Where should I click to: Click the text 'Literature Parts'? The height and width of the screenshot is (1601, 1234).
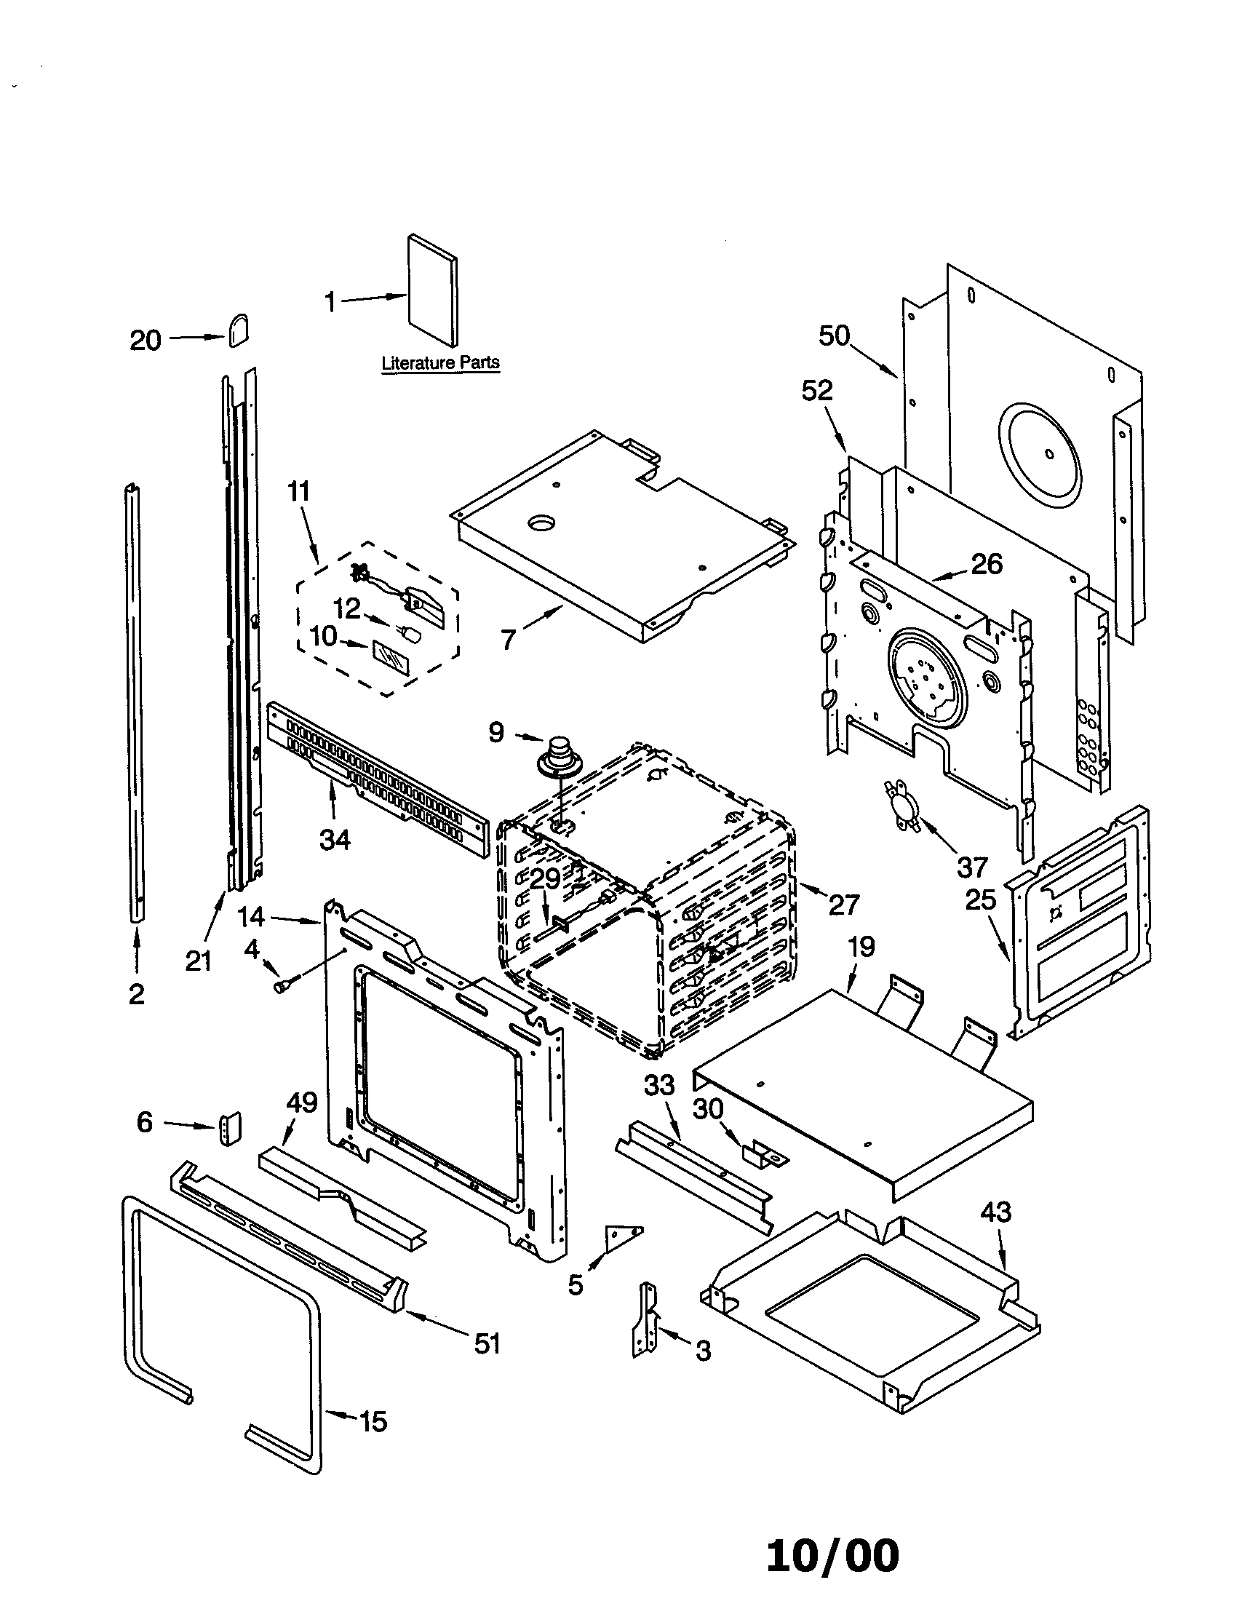[440, 362]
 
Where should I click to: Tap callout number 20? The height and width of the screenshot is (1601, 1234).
[145, 340]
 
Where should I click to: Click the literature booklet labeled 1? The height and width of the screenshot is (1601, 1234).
[432, 290]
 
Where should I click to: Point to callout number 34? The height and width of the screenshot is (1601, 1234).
[335, 838]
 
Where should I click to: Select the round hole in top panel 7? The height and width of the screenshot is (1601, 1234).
[541, 523]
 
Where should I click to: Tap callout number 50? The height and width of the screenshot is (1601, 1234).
[834, 335]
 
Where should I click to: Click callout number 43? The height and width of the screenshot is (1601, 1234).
[995, 1212]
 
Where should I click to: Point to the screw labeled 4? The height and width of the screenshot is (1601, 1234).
[281, 988]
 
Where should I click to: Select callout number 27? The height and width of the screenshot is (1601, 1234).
[843, 905]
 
